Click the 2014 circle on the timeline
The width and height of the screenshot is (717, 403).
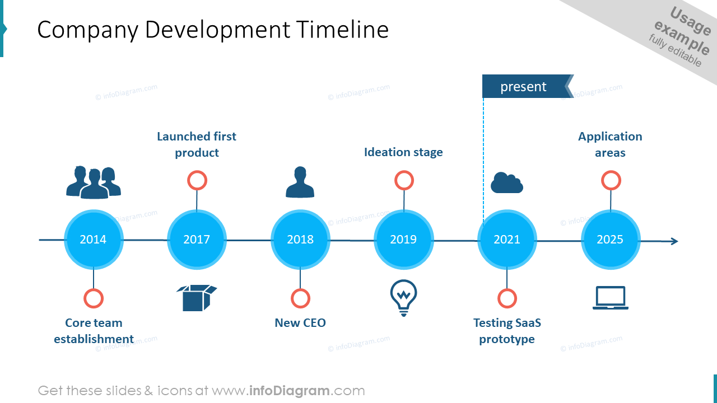tap(94, 240)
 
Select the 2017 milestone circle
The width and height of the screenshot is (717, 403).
tap(197, 240)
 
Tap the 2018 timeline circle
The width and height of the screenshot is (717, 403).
tap(300, 240)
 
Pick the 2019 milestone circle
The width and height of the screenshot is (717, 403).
tap(403, 240)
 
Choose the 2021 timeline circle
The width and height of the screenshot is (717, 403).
tap(507, 240)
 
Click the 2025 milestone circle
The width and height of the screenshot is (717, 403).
tap(610, 240)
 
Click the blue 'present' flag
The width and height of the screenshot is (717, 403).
tap(524, 87)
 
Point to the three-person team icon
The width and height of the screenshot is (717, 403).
tap(94, 182)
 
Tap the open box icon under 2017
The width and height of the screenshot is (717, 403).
tap(197, 297)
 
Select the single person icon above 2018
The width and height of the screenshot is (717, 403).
tap(300, 182)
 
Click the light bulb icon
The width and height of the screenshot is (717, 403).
tap(403, 297)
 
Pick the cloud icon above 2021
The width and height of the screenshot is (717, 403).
tap(507, 183)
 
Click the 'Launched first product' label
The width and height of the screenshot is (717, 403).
tap(197, 144)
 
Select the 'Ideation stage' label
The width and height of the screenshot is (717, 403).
tap(403, 152)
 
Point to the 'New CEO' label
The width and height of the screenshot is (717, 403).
tap(300, 323)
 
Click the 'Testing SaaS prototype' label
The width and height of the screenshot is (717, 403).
tap(507, 331)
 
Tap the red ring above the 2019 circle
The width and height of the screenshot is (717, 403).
tap(404, 181)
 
